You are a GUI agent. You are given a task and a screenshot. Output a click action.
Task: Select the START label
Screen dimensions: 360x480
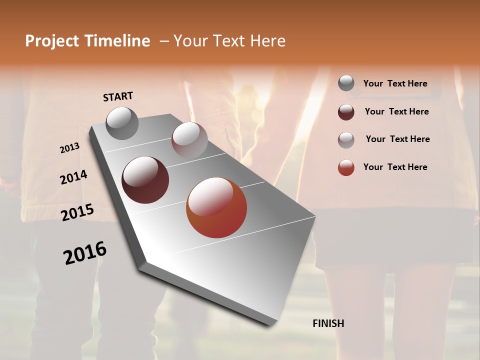(x=118, y=96)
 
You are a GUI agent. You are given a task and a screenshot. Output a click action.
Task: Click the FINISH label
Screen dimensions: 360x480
(x=328, y=323)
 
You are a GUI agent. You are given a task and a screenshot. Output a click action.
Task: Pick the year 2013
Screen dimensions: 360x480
(x=69, y=148)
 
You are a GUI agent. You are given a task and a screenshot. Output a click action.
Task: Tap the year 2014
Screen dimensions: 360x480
(x=73, y=177)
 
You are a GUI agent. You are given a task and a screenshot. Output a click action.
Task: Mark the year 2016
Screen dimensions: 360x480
(x=85, y=252)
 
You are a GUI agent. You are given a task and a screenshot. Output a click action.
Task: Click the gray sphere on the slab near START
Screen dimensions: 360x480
(x=122, y=123)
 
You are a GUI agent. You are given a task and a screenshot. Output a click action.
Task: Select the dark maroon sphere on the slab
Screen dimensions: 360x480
(x=145, y=180)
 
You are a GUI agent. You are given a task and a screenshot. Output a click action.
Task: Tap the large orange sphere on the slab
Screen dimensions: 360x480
(x=216, y=207)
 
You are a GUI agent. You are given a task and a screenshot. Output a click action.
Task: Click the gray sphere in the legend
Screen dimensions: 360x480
(x=346, y=83)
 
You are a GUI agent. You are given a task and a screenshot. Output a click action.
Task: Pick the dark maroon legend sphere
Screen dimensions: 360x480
(x=346, y=112)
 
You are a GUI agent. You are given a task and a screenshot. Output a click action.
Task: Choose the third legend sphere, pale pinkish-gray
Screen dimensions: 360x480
(x=346, y=139)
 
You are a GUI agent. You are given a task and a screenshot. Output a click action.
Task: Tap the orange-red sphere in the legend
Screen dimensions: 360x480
(x=346, y=167)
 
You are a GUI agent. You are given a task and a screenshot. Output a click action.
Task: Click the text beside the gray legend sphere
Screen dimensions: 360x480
(x=395, y=83)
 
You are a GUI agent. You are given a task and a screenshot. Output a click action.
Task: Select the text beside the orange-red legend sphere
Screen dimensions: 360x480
(x=395, y=167)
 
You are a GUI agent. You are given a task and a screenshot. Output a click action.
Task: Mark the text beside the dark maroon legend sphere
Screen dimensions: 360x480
(x=396, y=111)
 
